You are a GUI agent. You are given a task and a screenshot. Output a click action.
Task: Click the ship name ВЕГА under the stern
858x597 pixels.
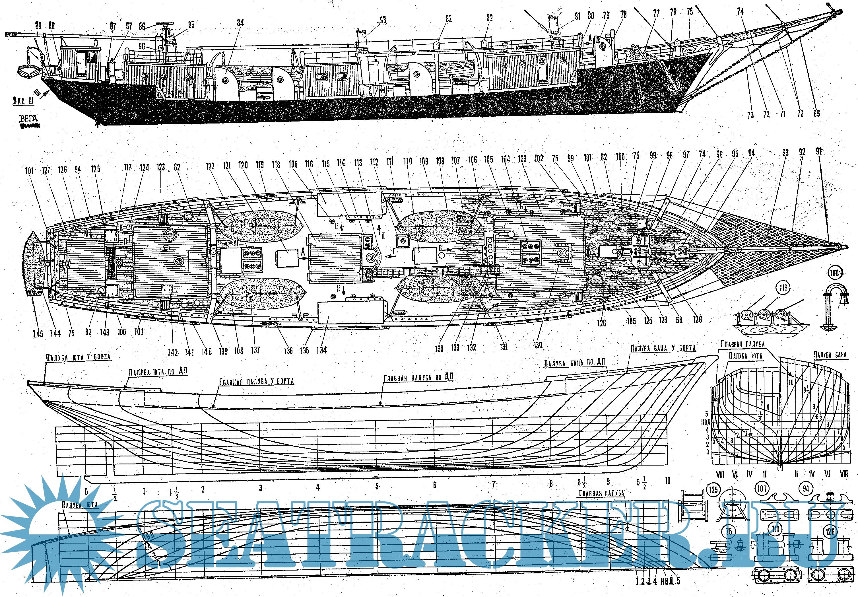(x=28, y=119)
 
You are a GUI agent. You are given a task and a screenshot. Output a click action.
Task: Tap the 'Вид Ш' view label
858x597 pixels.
(x=23, y=100)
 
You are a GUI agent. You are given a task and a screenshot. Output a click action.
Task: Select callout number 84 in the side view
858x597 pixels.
(x=240, y=23)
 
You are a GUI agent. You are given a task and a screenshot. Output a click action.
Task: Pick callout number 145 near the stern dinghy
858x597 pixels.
(x=38, y=334)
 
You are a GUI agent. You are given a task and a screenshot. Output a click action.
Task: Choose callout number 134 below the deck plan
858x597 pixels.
(x=321, y=350)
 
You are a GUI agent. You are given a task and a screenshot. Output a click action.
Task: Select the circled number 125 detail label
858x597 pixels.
(x=713, y=489)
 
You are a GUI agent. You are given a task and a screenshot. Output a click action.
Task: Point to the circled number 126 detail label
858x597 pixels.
(x=830, y=531)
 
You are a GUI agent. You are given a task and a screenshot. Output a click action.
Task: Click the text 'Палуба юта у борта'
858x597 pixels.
(x=79, y=357)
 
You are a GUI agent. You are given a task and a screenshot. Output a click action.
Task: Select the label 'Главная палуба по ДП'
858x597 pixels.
(x=418, y=377)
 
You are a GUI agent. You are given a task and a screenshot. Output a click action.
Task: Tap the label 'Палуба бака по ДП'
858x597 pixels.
(x=574, y=363)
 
